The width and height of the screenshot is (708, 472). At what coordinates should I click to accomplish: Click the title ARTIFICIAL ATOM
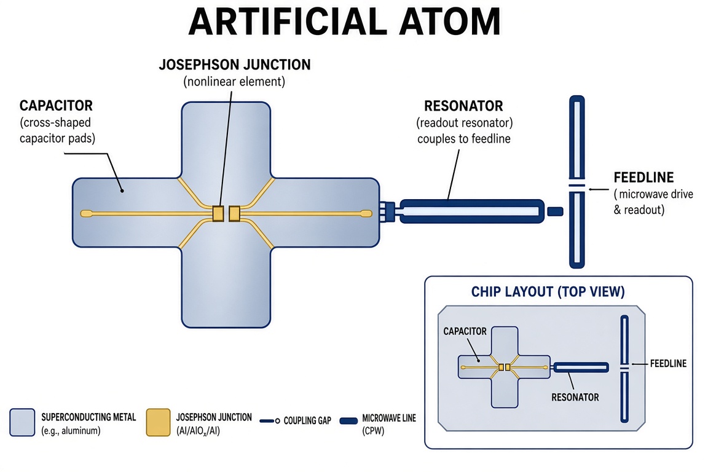pyautogui.click(x=345, y=22)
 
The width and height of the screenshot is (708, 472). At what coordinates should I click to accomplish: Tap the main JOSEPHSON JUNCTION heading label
pyautogui.click(x=235, y=65)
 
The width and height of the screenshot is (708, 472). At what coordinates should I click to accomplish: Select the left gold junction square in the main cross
pyautogui.click(x=218, y=214)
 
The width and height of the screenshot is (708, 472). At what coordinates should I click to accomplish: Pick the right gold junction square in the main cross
pyautogui.click(x=234, y=214)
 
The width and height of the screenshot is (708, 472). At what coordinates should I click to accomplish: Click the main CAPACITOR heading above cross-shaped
pyautogui.click(x=56, y=106)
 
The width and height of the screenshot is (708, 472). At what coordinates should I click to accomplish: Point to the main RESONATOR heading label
pyautogui.click(x=463, y=106)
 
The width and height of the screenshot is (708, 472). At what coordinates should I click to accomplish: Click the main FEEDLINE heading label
pyautogui.click(x=643, y=178)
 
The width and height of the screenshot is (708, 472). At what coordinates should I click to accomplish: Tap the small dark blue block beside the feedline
pyautogui.click(x=555, y=211)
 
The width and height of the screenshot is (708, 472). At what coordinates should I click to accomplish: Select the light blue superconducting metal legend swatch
pyautogui.click(x=22, y=422)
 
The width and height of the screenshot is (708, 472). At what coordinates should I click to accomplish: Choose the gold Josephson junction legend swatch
pyautogui.click(x=158, y=422)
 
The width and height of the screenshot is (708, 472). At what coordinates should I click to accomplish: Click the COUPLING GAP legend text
pyautogui.click(x=307, y=421)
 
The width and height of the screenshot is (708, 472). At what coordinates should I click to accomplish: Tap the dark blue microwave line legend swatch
pyautogui.click(x=348, y=421)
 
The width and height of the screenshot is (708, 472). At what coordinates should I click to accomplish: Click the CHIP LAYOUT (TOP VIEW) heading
pyautogui.click(x=548, y=292)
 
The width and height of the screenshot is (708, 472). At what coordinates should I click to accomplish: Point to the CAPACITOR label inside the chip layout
pyautogui.click(x=465, y=331)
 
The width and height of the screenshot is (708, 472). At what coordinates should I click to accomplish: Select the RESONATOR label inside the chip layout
pyautogui.click(x=575, y=398)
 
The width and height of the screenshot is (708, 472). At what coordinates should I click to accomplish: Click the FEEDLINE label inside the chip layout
pyautogui.click(x=668, y=364)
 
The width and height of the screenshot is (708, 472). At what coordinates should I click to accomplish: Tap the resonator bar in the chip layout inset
pyautogui.click(x=581, y=368)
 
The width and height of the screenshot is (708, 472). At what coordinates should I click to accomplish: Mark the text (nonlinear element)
pyautogui.click(x=234, y=82)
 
